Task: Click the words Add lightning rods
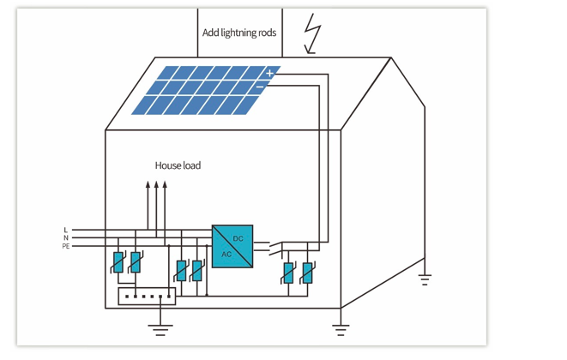tap(239, 33)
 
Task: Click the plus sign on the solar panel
tap(269, 74)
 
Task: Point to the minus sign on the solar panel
tap(260, 87)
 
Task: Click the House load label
tap(178, 165)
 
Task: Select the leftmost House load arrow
tap(147, 206)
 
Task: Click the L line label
tap(66, 230)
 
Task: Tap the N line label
tap(66, 237)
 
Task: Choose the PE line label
tap(66, 246)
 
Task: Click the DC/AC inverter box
tap(232, 246)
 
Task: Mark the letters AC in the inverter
tap(226, 255)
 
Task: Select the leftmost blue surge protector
tap(118, 263)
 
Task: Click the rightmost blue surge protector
tap(307, 273)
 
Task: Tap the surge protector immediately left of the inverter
tap(197, 271)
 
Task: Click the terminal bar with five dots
tap(147, 297)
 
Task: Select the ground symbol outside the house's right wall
tap(424, 278)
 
